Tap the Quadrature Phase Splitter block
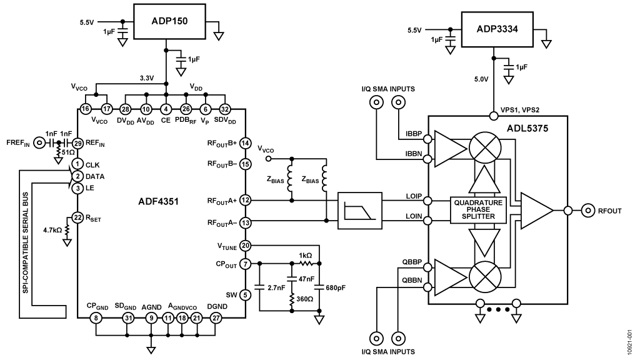click(477, 208)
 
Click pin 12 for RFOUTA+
click(245, 200)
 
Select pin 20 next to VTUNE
click(245, 246)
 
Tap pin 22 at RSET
click(77, 217)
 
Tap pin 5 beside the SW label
click(245, 294)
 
